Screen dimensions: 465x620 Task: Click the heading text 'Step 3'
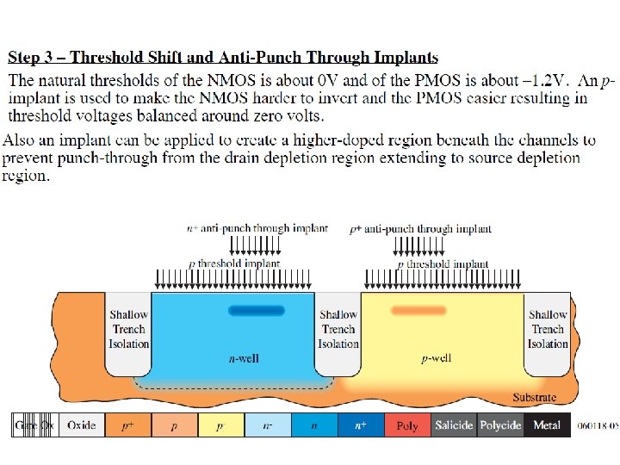(34, 59)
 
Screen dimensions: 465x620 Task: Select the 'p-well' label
(436, 358)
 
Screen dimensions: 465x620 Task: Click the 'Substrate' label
(534, 397)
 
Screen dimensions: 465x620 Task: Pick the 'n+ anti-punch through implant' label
(257, 228)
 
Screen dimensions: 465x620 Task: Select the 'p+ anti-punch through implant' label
(421, 228)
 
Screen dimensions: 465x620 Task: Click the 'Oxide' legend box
(82, 425)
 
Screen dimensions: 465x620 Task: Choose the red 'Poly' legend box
(407, 425)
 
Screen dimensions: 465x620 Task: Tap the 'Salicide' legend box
(454, 425)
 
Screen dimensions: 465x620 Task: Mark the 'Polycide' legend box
(500, 425)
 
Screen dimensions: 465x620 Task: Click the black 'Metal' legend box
(547, 425)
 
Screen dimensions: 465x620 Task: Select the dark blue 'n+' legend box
(361, 425)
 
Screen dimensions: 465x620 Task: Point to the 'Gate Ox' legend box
(35, 425)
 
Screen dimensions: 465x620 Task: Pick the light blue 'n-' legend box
(268, 425)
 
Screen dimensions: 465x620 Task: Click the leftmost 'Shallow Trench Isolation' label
(128, 329)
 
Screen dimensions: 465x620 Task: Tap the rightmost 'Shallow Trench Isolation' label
(548, 329)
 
